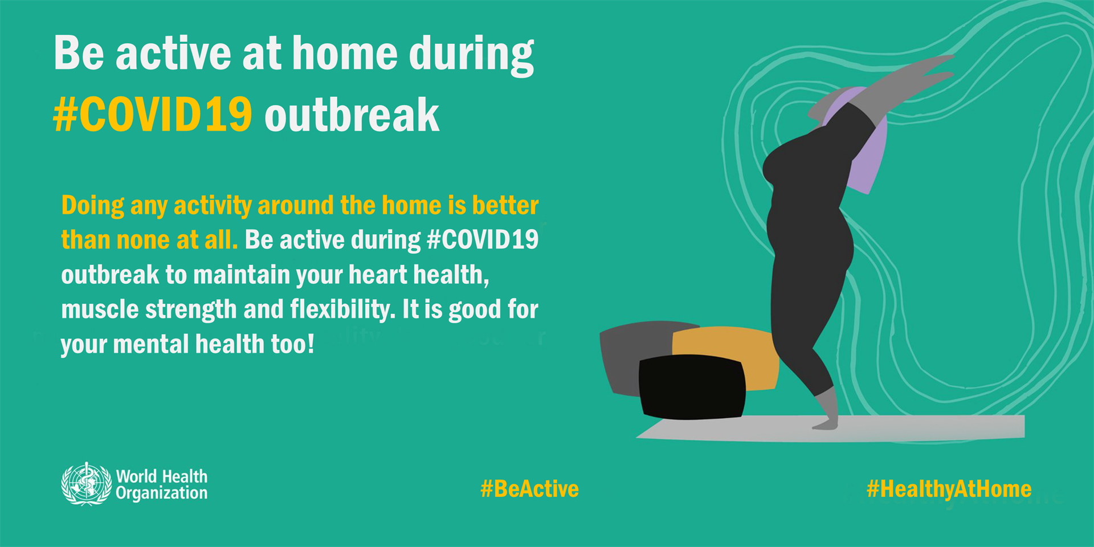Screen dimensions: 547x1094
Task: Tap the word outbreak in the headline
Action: coord(352,116)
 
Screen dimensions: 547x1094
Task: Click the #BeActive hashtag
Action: coord(529,489)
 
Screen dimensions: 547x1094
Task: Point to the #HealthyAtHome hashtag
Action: coord(949,489)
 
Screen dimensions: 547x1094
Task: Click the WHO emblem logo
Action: coord(86,484)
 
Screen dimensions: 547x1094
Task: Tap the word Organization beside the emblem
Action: coord(161,493)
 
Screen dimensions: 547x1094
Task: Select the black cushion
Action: coord(691,387)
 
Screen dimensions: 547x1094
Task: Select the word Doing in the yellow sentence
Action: coord(92,206)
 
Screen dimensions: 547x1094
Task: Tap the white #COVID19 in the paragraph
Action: coord(482,240)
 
